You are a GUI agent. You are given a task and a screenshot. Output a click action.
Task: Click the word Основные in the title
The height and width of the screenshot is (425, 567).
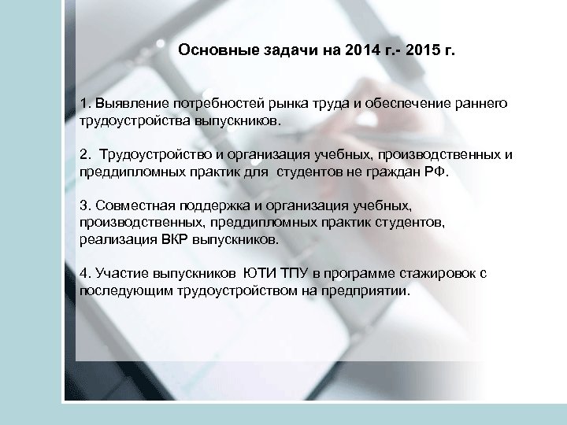pyautogui.click(x=211, y=50)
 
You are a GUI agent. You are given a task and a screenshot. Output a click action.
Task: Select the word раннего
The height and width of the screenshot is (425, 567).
pyautogui.click(x=481, y=105)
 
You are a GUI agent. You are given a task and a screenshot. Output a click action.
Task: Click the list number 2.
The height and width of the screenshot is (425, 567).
pyautogui.click(x=84, y=155)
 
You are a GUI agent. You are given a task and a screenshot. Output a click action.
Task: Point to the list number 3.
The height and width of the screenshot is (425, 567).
pyautogui.click(x=84, y=205)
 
